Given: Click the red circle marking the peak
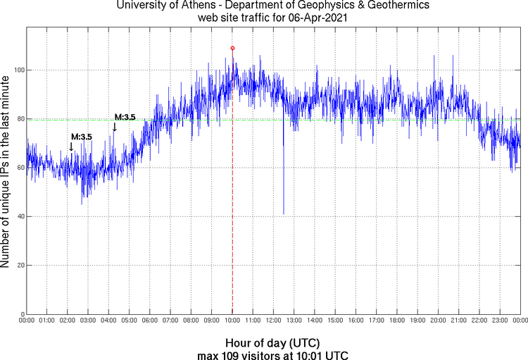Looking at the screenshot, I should pos(232,48).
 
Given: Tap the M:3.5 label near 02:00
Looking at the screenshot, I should pos(81,136).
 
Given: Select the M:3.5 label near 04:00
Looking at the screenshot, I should pos(125,117).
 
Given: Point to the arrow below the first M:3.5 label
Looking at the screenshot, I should pos(71,146).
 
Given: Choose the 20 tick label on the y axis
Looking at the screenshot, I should pos(18,266).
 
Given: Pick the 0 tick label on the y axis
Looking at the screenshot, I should pos(20,314).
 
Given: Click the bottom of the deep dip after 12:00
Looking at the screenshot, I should pos(284,213).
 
